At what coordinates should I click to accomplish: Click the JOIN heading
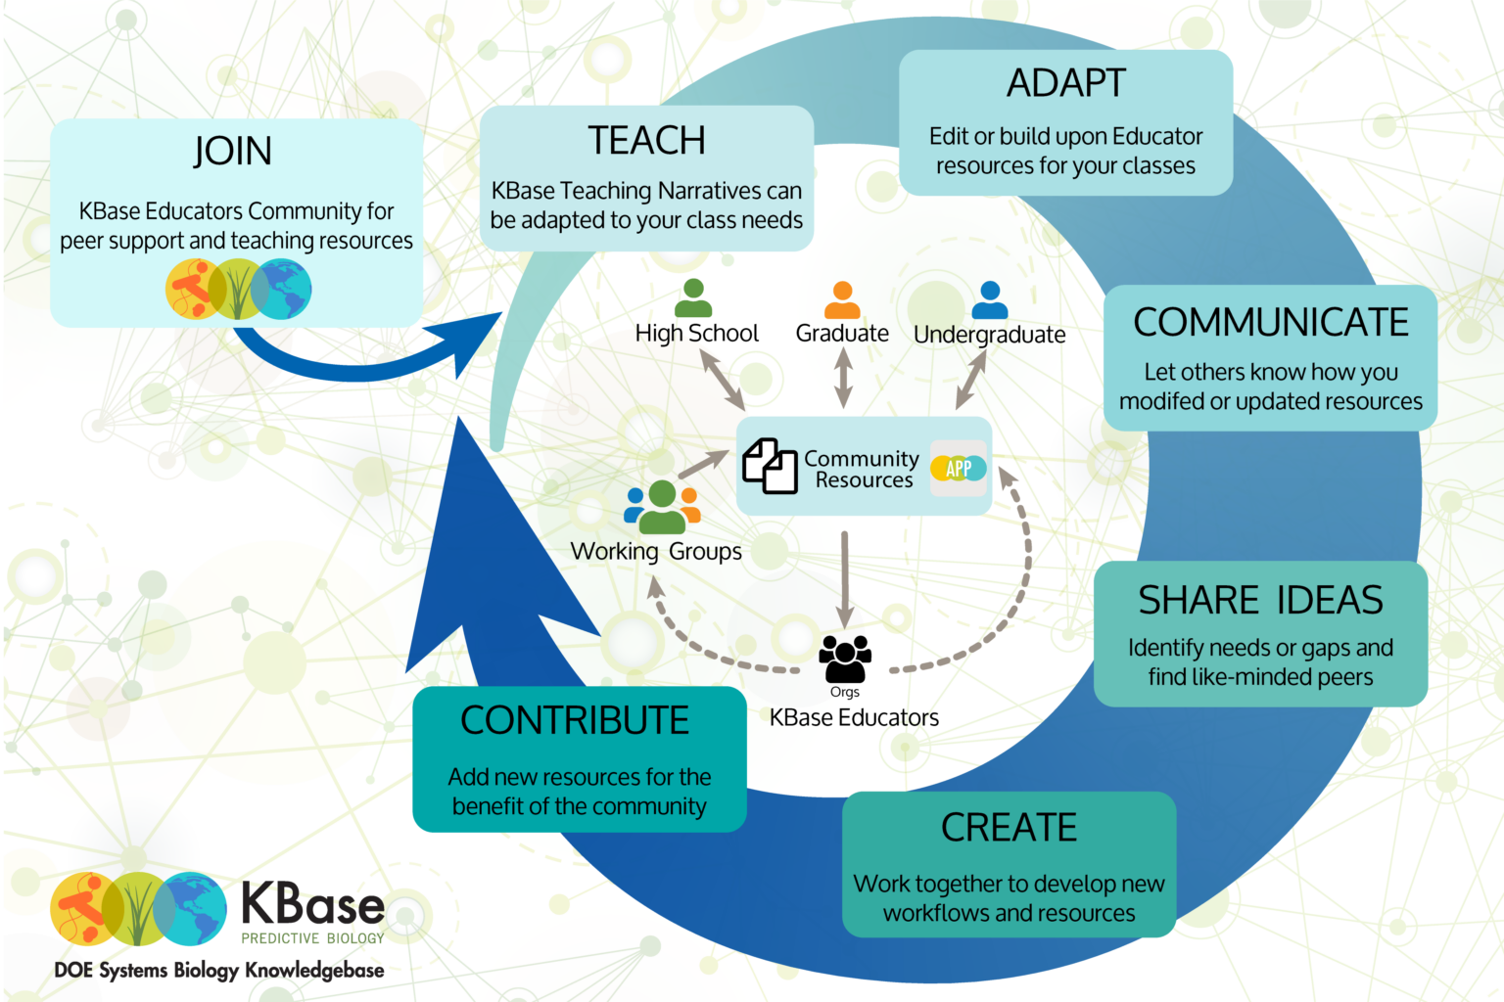(232, 152)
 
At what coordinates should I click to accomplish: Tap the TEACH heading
(646, 141)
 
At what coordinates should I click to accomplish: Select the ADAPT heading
(1066, 84)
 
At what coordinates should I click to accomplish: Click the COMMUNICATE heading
(1270, 323)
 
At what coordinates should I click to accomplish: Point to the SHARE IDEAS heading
(1260, 600)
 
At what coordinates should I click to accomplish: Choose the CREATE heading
(1009, 828)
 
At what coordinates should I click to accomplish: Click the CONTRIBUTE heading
(575, 721)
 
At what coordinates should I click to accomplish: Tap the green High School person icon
(693, 297)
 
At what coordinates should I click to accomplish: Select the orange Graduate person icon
(842, 299)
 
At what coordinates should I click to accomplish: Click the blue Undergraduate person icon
(990, 299)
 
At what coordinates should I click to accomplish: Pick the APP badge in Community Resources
(959, 469)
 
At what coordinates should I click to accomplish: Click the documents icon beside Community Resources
(770, 466)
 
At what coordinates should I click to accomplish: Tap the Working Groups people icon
(662, 506)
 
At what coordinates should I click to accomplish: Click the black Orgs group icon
(845, 659)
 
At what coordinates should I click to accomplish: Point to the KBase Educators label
(854, 718)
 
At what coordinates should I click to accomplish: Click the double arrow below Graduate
(843, 378)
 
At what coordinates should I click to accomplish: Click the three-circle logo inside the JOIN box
(238, 290)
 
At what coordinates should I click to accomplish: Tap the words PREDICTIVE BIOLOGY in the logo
(312, 938)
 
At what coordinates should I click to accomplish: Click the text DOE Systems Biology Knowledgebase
(219, 971)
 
